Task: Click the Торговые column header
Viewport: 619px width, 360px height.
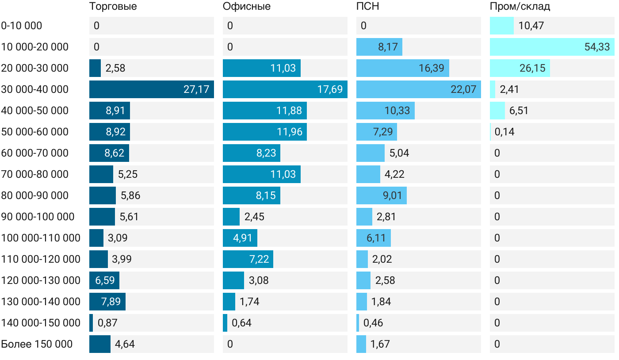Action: tap(113, 7)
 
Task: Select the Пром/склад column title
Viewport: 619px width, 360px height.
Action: tap(520, 7)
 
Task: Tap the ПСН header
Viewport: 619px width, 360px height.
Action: tap(367, 7)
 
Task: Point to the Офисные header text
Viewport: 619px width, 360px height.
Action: tap(246, 7)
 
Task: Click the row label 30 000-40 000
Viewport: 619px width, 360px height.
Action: tap(35, 89)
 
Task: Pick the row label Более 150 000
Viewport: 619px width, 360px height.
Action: tap(37, 344)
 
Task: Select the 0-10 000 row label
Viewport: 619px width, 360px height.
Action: tap(22, 26)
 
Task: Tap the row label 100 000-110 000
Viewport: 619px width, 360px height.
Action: tap(41, 238)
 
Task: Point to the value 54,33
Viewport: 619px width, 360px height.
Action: tap(597, 47)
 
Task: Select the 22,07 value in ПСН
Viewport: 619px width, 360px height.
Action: tap(463, 89)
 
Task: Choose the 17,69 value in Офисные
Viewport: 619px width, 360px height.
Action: tap(330, 89)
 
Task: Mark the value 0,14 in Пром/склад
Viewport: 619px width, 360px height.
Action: tap(504, 132)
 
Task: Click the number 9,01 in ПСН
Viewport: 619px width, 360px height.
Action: tap(390, 195)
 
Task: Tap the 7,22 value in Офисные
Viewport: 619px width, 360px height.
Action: tap(259, 259)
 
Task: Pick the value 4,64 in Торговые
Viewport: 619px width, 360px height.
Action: tap(125, 344)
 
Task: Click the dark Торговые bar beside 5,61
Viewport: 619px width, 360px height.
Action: tap(102, 217)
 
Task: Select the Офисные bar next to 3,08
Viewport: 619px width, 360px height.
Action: tap(233, 280)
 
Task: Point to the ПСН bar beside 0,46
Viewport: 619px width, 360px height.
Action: tap(358, 323)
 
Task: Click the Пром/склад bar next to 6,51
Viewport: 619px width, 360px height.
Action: tap(497, 111)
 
